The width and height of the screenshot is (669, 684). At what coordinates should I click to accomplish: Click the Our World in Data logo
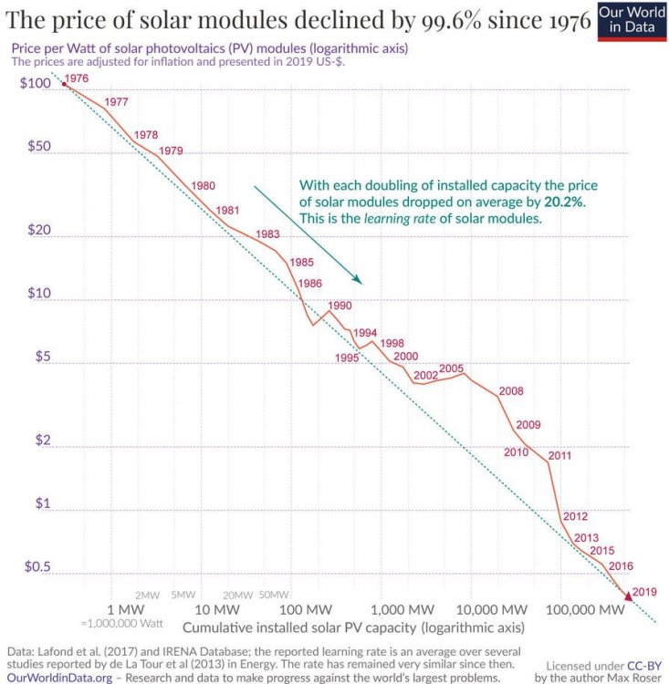tap(633, 21)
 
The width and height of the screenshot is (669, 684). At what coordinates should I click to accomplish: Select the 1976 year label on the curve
tap(78, 79)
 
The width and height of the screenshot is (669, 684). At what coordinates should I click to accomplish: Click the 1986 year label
tap(310, 284)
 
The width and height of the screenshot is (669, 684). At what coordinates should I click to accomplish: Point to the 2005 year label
tap(452, 368)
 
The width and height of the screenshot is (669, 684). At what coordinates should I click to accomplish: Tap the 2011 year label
tap(559, 456)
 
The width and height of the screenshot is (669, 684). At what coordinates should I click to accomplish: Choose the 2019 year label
tap(644, 591)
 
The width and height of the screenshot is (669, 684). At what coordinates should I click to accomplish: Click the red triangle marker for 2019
tap(629, 596)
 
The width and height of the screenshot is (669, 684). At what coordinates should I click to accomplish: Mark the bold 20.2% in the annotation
tap(563, 201)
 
